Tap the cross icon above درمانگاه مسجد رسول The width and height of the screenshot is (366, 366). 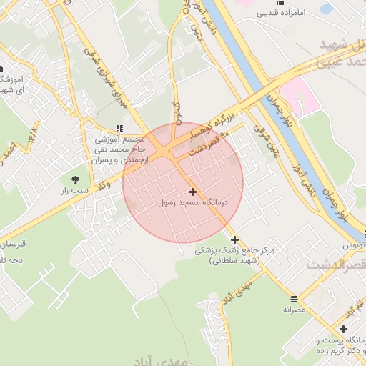point(192,192)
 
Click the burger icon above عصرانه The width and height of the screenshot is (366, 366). point(294,298)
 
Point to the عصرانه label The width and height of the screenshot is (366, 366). point(294,310)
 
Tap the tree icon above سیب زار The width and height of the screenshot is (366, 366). point(76,179)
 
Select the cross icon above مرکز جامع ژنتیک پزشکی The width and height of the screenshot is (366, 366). point(234,239)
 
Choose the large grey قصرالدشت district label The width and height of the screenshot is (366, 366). point(336,264)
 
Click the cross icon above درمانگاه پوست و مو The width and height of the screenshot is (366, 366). point(344,329)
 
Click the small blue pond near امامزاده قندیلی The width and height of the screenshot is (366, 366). point(327,9)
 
